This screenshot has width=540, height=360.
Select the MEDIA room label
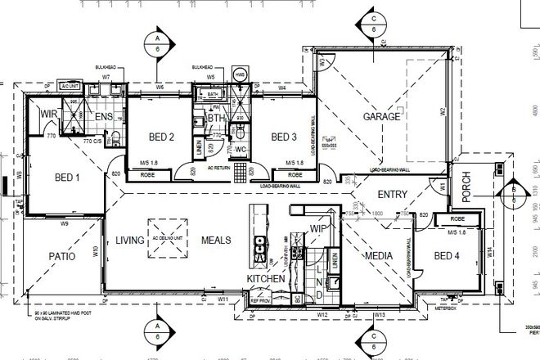click(x=377, y=256)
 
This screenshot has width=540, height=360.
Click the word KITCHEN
click(x=266, y=279)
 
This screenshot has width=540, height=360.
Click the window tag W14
click(x=489, y=254)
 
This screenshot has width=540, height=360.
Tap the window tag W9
click(x=64, y=223)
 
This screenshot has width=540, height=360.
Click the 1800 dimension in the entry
click(x=378, y=212)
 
